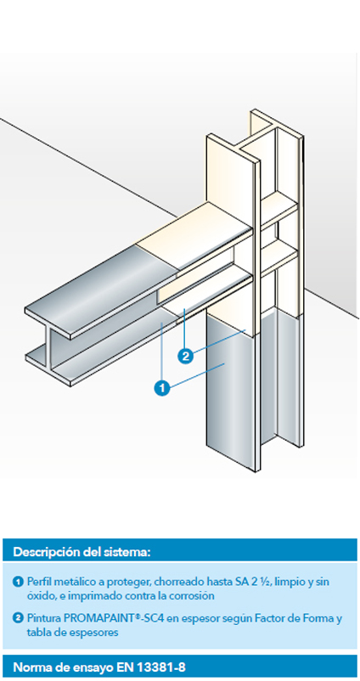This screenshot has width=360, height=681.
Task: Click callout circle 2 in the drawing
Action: tap(186, 356)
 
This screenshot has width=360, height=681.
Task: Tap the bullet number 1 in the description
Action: tap(18, 581)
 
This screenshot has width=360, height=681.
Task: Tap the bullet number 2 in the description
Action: tap(18, 618)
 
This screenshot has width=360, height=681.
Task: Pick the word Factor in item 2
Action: tap(278, 618)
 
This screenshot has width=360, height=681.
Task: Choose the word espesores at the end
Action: tap(96, 633)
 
